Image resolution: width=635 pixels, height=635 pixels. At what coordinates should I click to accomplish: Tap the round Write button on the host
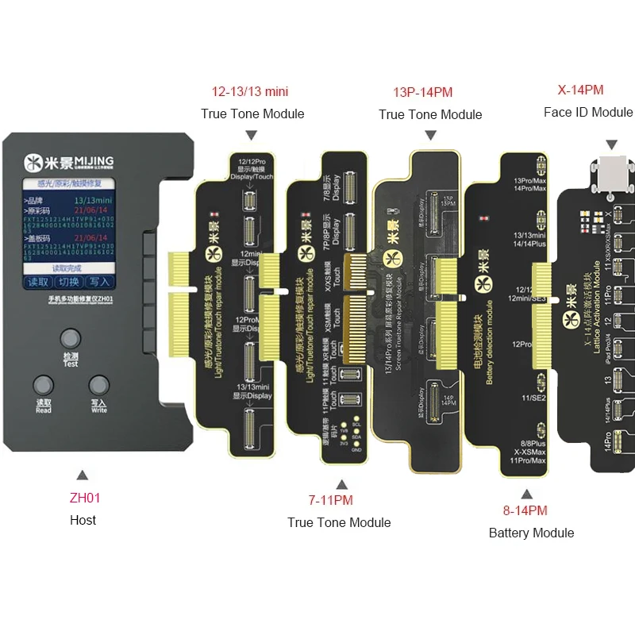[98, 387]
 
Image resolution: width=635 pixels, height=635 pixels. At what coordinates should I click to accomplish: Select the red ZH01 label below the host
[83, 498]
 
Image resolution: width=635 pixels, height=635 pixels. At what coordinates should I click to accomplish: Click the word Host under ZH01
[83, 520]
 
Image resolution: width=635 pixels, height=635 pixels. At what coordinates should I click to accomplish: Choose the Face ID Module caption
[588, 112]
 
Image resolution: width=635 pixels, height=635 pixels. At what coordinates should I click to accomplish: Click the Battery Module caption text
[531, 533]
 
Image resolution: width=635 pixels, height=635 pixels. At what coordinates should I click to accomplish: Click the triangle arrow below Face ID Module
[611, 144]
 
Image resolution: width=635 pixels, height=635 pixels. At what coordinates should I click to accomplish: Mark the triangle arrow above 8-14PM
[526, 493]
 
